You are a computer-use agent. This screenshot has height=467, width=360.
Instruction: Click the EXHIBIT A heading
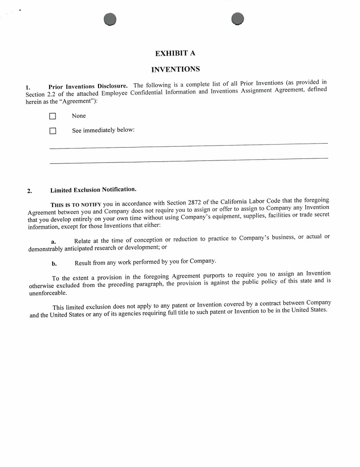(178, 53)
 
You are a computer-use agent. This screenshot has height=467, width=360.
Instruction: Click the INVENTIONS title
(175, 69)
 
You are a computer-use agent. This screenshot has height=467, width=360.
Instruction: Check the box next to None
(53, 116)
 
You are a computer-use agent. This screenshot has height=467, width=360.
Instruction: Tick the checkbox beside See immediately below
(53, 131)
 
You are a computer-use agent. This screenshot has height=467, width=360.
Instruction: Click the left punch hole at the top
(110, 19)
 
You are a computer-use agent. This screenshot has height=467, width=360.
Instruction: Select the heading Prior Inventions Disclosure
(88, 87)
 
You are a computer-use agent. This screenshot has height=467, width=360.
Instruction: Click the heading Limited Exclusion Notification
(93, 190)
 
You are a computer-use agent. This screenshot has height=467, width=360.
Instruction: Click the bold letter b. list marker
(54, 263)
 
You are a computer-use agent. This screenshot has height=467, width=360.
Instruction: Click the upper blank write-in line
(188, 146)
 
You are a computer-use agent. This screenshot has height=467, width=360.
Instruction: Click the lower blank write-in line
(188, 160)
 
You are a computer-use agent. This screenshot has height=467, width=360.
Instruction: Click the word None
(79, 116)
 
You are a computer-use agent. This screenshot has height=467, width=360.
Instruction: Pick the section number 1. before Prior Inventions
(28, 88)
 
